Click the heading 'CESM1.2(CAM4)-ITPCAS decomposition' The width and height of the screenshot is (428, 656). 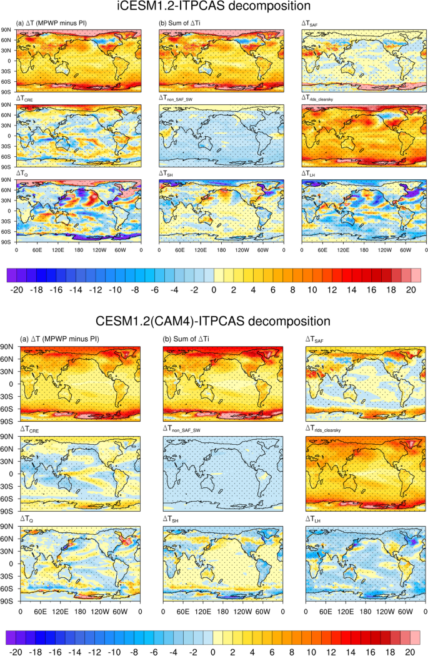[214, 322]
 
